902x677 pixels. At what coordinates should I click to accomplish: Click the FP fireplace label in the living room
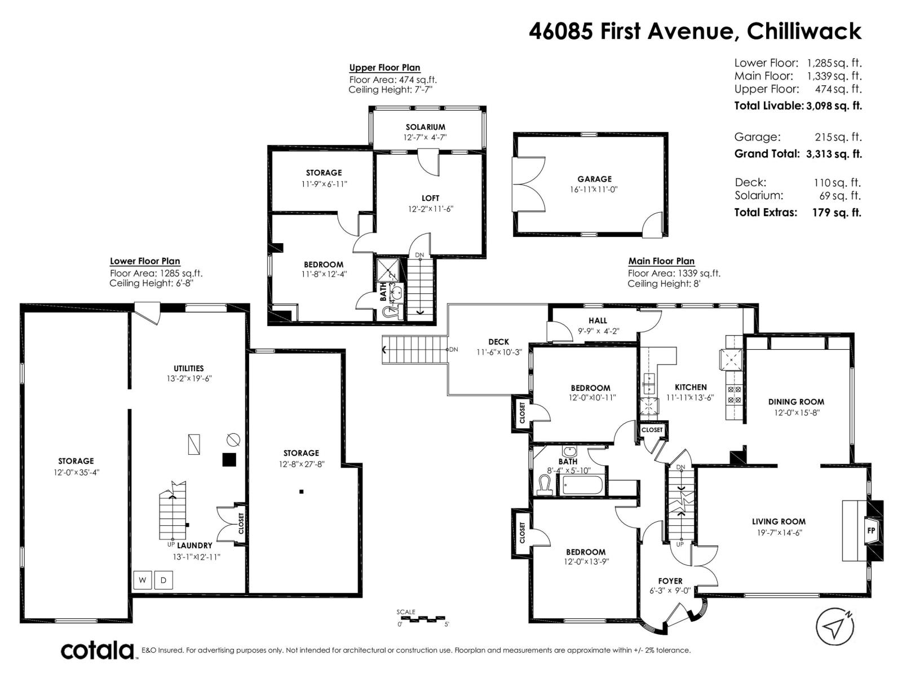870,531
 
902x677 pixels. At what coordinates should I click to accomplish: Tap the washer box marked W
142,580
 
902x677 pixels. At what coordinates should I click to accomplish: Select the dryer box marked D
163,580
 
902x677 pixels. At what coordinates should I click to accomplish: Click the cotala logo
98,650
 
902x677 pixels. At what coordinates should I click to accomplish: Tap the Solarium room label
425,127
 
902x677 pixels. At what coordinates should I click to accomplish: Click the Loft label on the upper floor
430,198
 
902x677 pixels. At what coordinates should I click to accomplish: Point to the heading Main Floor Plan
661,261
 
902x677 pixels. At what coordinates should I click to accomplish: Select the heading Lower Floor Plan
145,261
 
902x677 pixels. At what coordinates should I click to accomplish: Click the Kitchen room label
691,387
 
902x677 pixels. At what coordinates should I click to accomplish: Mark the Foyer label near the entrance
670,581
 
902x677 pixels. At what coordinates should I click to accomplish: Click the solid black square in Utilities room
228,460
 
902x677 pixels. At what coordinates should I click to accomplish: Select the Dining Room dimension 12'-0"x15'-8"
796,412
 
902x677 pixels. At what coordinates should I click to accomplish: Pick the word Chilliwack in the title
804,31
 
